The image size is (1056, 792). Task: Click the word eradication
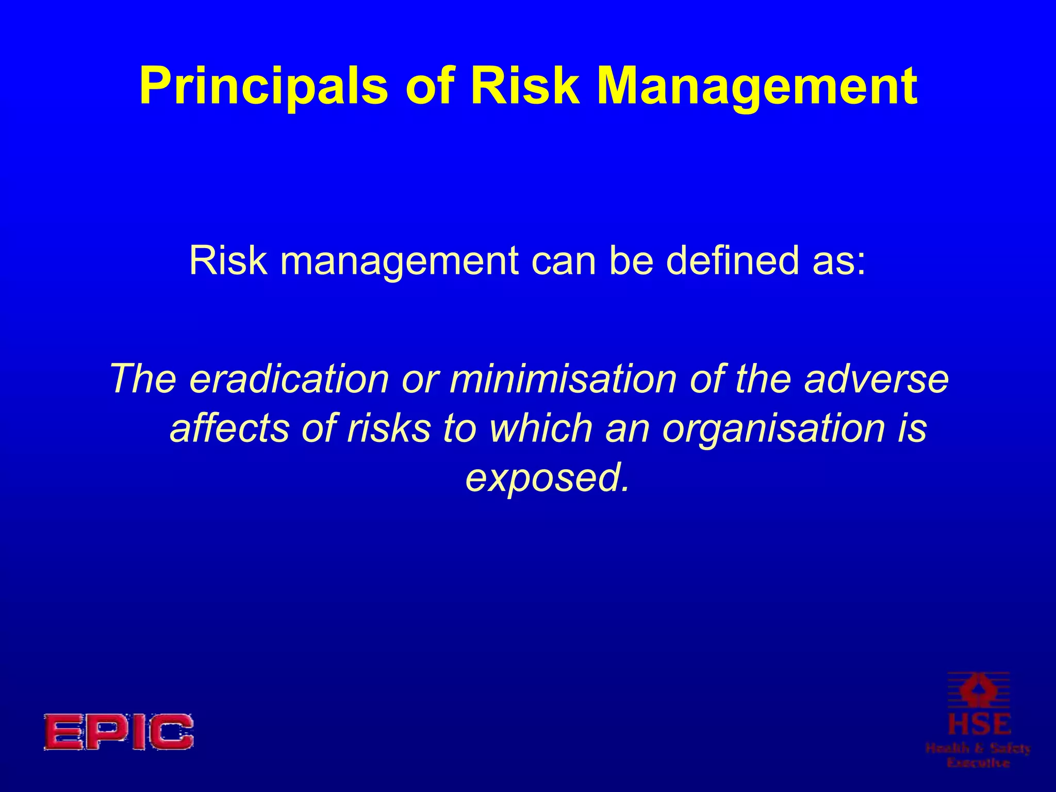[x=289, y=379]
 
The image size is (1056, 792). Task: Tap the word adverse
[x=876, y=379]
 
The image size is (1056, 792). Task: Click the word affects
[x=229, y=428]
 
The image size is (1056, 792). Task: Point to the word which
[x=541, y=428]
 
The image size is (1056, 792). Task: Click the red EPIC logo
[x=118, y=732]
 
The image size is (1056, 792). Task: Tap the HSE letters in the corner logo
[x=978, y=724]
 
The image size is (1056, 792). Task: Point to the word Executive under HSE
[x=978, y=762]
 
